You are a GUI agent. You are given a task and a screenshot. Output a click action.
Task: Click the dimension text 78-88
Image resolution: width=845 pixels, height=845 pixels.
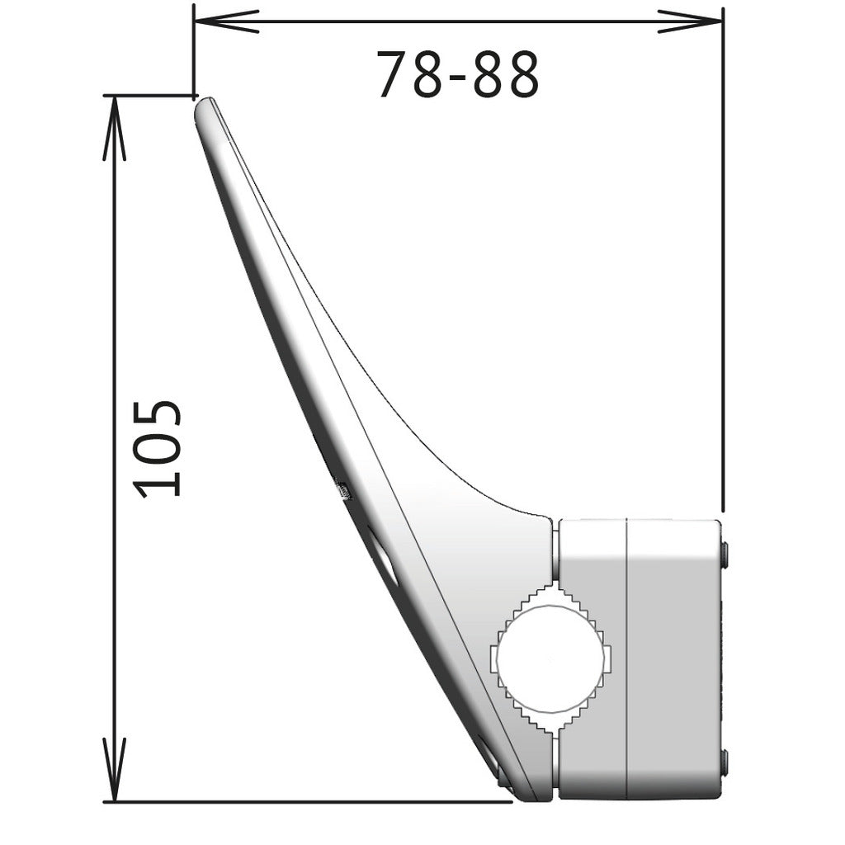457,75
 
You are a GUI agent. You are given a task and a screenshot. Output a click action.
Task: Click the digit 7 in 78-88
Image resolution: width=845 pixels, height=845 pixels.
394,75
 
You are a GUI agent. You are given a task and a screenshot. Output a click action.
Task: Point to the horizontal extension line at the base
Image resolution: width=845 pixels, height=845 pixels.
314,800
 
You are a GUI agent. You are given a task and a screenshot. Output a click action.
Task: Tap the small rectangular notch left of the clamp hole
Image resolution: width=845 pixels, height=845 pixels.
496,661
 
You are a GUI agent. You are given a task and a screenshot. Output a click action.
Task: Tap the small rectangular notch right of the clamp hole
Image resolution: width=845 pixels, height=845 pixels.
608,660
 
